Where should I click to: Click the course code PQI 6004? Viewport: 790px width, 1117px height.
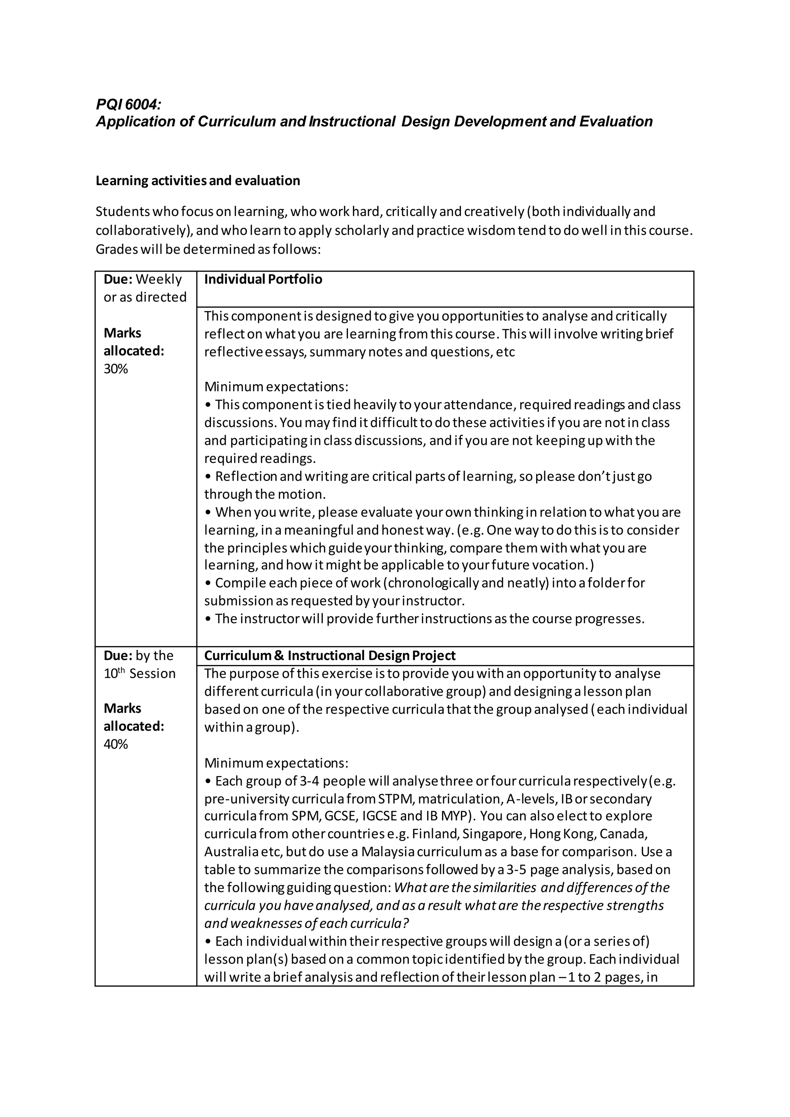128,104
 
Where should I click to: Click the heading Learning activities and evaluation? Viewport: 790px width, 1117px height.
197,181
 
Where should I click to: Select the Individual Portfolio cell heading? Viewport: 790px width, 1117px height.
263,279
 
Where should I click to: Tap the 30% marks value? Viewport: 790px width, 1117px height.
116,369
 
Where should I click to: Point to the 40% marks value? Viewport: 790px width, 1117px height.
116,744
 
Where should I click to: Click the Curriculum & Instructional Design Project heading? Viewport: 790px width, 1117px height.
329,655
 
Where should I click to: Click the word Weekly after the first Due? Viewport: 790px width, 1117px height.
159,279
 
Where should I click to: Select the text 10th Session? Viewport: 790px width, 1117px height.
139,673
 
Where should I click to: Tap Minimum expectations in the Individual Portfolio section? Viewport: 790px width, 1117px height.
276,387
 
